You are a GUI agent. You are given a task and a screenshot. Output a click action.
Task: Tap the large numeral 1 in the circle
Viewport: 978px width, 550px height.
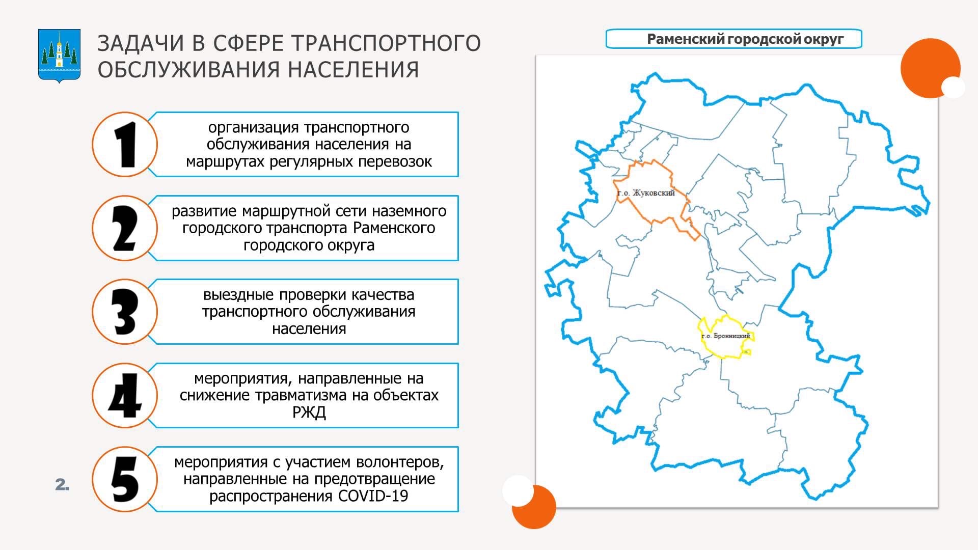[x=125, y=145]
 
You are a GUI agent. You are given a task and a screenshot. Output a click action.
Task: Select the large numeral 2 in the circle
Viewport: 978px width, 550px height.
[x=125, y=228]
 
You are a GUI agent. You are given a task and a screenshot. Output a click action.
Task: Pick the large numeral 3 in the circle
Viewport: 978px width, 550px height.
[x=125, y=312]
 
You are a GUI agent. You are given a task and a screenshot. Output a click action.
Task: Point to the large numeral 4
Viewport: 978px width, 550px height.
[x=125, y=396]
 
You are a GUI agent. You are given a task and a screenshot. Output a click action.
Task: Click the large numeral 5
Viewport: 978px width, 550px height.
[x=125, y=479]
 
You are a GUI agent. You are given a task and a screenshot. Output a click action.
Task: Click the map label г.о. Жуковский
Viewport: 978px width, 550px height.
[x=646, y=193]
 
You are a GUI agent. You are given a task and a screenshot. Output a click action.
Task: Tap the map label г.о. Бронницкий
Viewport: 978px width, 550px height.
[x=726, y=336]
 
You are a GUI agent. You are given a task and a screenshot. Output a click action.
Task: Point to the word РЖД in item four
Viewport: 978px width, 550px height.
[x=309, y=412]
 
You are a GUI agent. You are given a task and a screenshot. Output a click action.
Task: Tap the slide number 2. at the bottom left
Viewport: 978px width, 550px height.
[x=62, y=485]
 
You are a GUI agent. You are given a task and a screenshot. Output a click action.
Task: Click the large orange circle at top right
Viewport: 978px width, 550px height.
[x=930, y=68]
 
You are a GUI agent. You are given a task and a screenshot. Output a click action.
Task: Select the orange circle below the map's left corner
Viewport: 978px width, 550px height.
[x=533, y=507]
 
